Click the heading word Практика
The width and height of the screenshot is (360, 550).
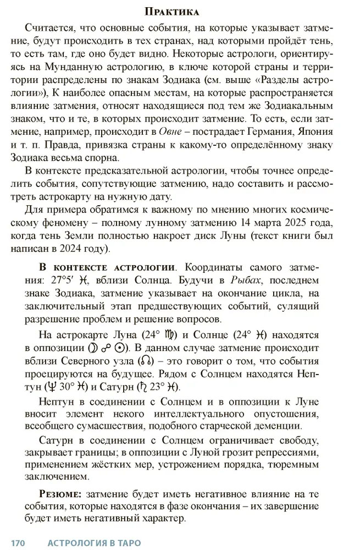coord(171,12)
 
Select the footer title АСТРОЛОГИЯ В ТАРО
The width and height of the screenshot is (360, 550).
coord(94,543)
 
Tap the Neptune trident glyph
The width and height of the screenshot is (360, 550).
coord(61,387)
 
